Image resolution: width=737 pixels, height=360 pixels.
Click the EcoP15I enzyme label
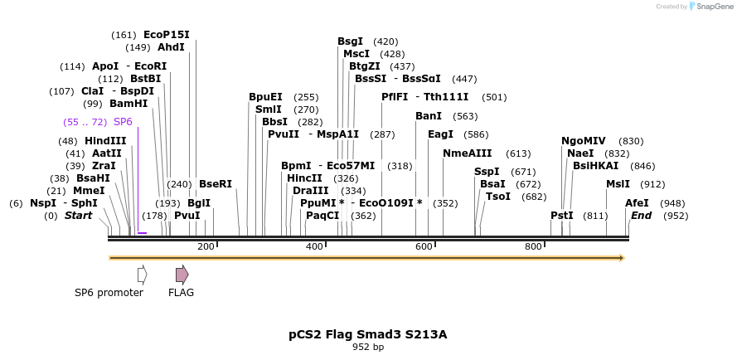pos(166,35)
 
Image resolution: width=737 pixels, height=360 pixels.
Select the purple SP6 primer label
pos(123,122)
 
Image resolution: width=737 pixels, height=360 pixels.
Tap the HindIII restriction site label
pos(105,141)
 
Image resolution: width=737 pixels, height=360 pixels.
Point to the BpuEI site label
pos(265,97)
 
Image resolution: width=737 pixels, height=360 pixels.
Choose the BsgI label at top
pos(350,41)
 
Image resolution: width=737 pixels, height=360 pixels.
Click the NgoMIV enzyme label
pos(584,141)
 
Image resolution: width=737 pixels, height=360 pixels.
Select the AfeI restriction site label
pos(637,203)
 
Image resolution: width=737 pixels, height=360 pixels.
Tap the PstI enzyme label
pos(562,216)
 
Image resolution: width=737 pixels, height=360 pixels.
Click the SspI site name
pos(487,172)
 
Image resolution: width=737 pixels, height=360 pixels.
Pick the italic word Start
pos(79,216)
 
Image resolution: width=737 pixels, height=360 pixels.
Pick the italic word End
pos(641,216)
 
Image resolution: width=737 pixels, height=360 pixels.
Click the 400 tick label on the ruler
pos(314,246)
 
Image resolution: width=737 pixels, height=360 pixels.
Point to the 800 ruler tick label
pos(533,246)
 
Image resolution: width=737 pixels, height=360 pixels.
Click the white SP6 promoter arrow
pos(143,275)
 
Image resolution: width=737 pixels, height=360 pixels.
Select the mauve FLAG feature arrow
pos(182,275)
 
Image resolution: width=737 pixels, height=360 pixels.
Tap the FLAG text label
pos(181,293)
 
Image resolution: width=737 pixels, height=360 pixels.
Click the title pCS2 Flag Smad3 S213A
pos(367,334)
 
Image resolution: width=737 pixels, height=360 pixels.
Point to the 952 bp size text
pos(367,348)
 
